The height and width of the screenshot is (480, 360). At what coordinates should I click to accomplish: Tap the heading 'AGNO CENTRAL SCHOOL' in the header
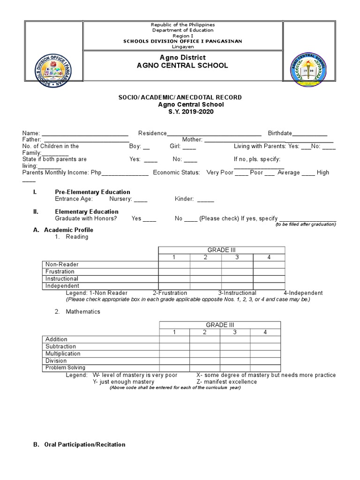(x=182, y=66)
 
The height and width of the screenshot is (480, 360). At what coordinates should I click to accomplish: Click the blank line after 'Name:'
(x=85, y=134)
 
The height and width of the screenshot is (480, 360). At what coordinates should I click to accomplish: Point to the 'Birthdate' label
(x=280, y=133)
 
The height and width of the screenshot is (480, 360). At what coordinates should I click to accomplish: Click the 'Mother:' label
(x=192, y=140)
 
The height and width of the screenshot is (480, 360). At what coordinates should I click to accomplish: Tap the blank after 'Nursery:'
(x=140, y=199)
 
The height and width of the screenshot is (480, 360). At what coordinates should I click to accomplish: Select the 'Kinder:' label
(x=184, y=199)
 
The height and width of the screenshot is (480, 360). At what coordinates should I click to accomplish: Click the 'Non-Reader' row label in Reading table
(x=62, y=264)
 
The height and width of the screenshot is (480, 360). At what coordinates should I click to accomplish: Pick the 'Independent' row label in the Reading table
(x=62, y=286)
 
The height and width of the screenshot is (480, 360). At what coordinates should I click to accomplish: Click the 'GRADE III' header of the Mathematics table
(x=220, y=325)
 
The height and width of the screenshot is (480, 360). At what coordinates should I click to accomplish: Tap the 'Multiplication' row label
(x=63, y=353)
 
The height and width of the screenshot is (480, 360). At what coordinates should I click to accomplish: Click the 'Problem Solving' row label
(x=65, y=368)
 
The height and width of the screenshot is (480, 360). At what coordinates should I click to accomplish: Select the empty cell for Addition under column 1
(x=174, y=339)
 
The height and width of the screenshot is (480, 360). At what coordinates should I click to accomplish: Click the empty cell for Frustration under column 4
(x=269, y=271)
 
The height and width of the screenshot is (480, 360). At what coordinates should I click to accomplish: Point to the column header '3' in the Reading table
(x=237, y=257)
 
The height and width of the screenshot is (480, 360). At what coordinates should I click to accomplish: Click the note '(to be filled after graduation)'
(x=305, y=225)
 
